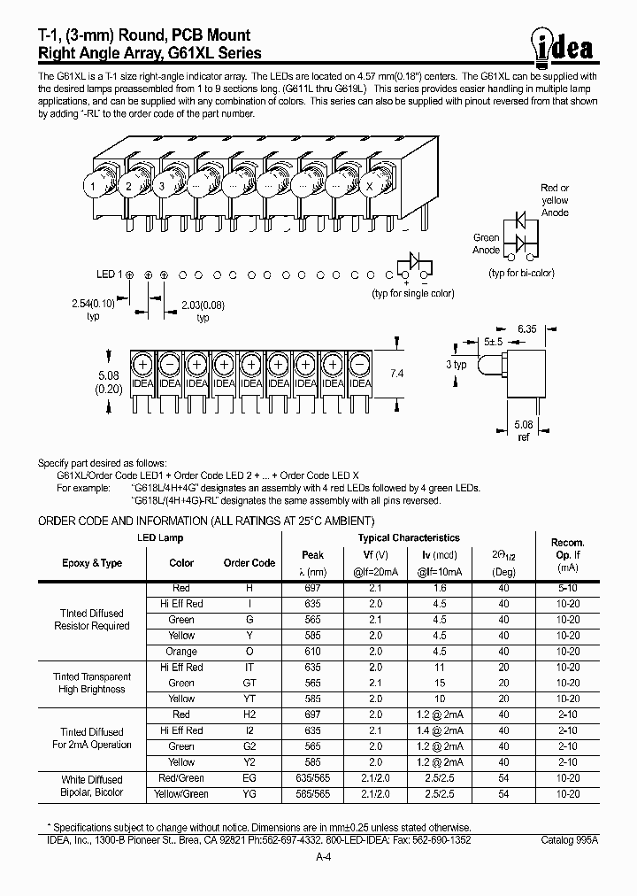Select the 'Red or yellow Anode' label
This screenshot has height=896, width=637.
coord(555,200)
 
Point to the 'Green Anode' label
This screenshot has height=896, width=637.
coord(487,243)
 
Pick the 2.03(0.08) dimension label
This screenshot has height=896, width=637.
coord(203,311)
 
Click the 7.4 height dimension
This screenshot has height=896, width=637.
coord(395,375)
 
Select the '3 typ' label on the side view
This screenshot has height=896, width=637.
coord(457,365)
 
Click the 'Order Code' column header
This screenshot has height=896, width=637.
coord(249,563)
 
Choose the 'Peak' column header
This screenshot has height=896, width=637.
coord(312,555)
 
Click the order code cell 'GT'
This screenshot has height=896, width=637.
coord(249,684)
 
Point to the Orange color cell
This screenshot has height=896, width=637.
coord(181,652)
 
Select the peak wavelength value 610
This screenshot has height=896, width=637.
coord(312,652)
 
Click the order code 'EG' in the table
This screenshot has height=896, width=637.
coord(249,779)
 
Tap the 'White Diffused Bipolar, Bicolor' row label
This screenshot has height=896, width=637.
coord(92,786)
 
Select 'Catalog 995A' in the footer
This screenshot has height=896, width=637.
coord(569,838)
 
